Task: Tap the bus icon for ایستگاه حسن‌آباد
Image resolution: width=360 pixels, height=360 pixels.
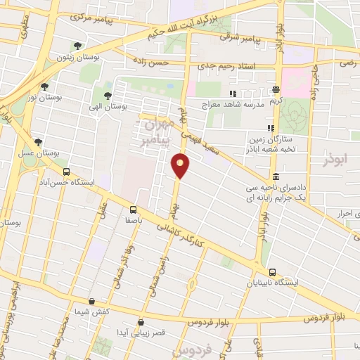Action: pyautogui.click(x=66, y=171)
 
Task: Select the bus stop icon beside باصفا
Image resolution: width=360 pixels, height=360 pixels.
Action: pyautogui.click(x=134, y=209)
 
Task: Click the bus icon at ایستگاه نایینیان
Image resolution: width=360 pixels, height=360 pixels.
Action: pyautogui.click(x=271, y=273)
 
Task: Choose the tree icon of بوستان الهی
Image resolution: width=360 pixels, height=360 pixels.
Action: pyautogui.click(x=108, y=96)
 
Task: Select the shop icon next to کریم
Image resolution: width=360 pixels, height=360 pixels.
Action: pyautogui.click(x=276, y=89)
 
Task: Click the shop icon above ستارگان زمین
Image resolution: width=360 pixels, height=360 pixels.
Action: pyautogui.click(x=269, y=128)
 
